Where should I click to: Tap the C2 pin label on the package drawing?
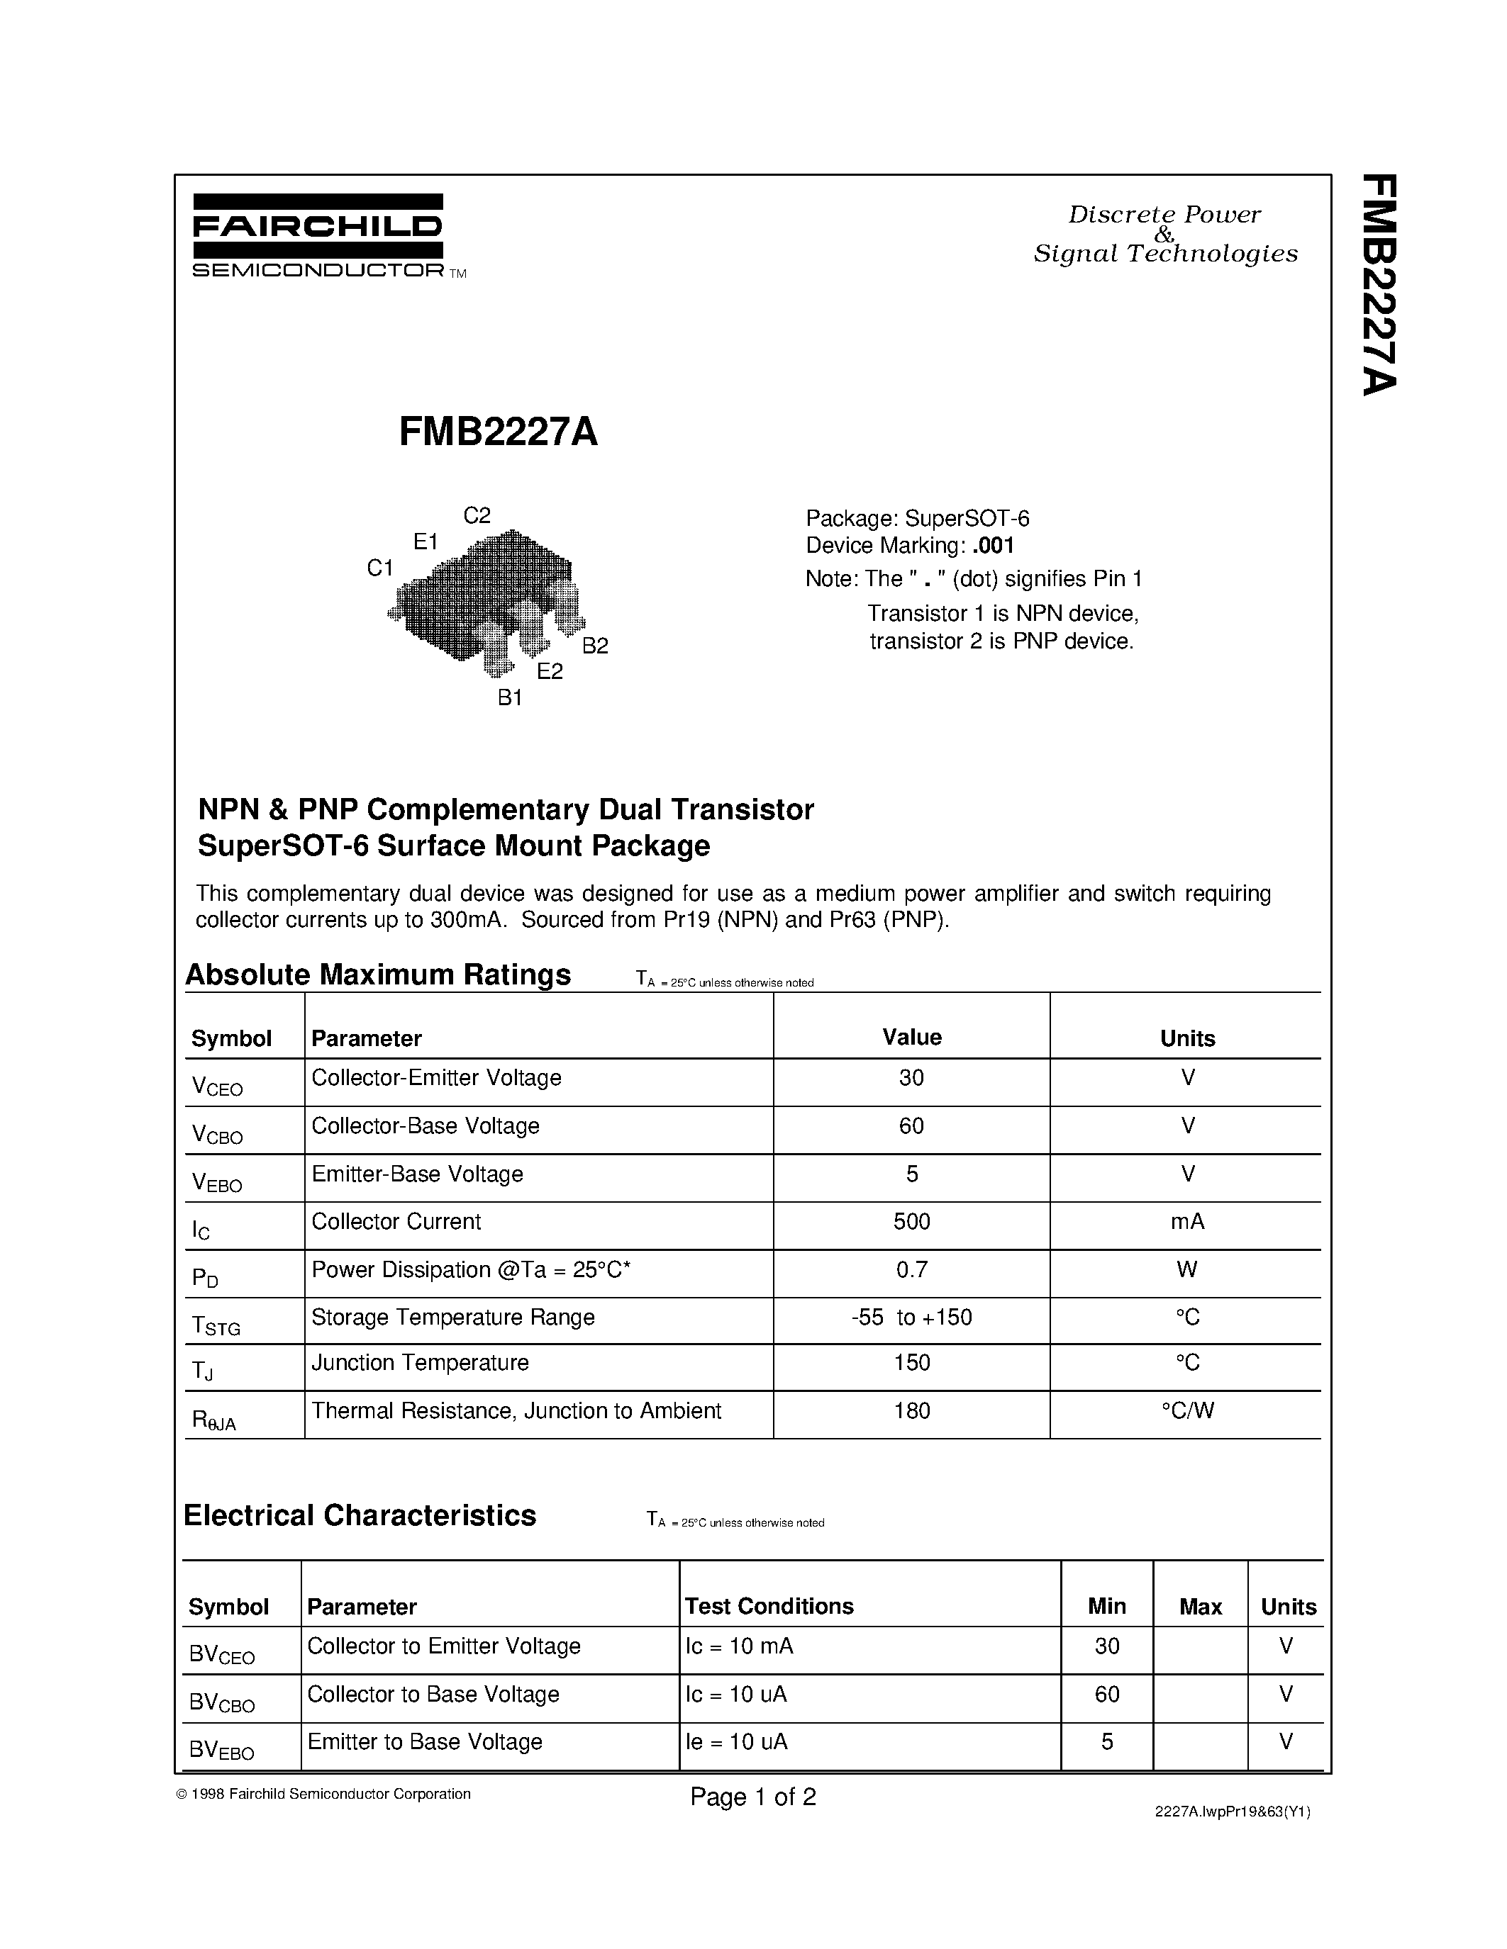click(477, 515)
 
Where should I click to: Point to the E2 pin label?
click(550, 672)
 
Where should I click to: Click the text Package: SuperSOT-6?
click(918, 519)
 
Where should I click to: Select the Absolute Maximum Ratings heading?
click(378, 974)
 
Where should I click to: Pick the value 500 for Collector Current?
click(911, 1222)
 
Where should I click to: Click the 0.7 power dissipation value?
click(911, 1269)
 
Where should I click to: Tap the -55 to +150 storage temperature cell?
click(911, 1318)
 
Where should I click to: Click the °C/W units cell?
click(1187, 1411)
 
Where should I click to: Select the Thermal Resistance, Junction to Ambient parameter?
click(516, 1411)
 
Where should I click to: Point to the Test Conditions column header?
click(769, 1606)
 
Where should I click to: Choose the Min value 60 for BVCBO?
click(1107, 1694)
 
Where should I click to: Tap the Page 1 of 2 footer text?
click(752, 1797)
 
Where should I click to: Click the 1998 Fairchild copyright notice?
click(323, 1794)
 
